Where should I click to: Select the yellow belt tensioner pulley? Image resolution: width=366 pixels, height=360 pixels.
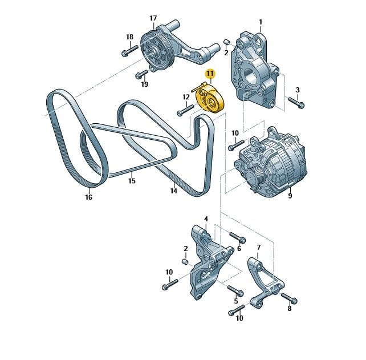coord(210,99)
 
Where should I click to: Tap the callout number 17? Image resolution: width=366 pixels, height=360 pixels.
coord(153,18)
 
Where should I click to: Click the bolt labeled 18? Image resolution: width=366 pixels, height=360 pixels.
coord(130,50)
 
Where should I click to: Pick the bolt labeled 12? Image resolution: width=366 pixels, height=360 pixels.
coord(186,110)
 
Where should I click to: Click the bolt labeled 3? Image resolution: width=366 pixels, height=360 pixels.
coord(296,103)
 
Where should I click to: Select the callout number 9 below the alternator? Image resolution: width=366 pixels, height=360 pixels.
coord(290,195)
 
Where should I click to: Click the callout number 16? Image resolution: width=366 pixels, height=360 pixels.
coord(89,197)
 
